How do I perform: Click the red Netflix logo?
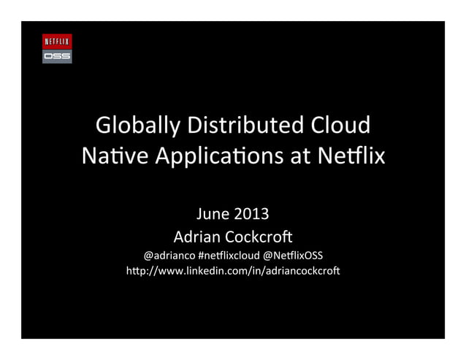[57, 41]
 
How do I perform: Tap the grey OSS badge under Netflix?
[57, 55]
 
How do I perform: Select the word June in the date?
[213, 214]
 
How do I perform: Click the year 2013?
[251, 214]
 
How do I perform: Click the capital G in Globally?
[104, 126]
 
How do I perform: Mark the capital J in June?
[199, 214]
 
